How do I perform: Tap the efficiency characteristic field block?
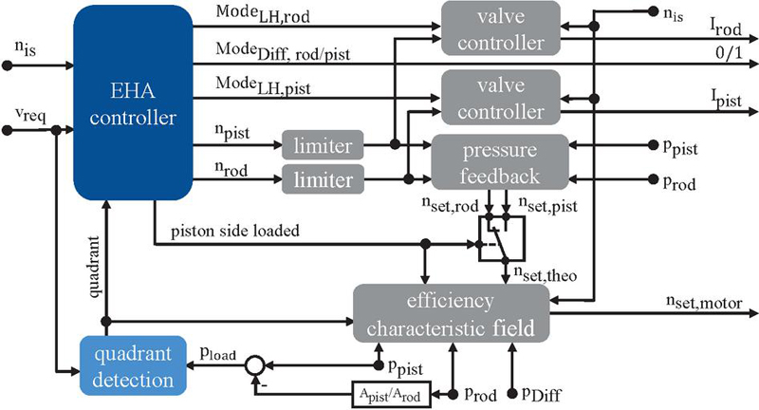pos(456,313)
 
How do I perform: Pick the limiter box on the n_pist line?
pos(322,146)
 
